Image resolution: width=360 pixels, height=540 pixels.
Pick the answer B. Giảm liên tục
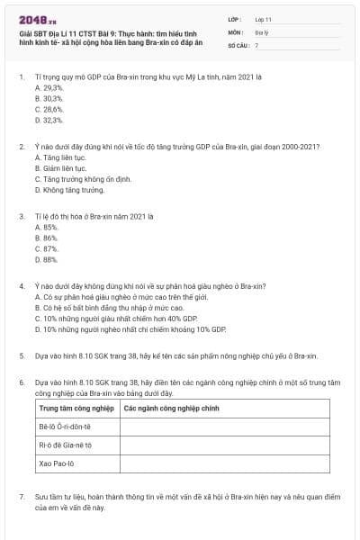coord(60,167)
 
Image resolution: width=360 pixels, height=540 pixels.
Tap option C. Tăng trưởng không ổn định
coord(81,178)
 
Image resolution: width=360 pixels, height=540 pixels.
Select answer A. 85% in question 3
coord(46,227)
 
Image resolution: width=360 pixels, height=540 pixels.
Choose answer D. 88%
coord(46,259)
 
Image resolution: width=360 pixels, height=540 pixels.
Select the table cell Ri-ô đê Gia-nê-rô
coord(65,445)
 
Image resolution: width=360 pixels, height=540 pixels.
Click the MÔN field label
coord(236,31)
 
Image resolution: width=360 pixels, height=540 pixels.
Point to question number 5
coord(22,356)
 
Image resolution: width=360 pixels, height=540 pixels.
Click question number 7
coord(22,496)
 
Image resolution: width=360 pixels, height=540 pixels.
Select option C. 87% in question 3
coord(46,248)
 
